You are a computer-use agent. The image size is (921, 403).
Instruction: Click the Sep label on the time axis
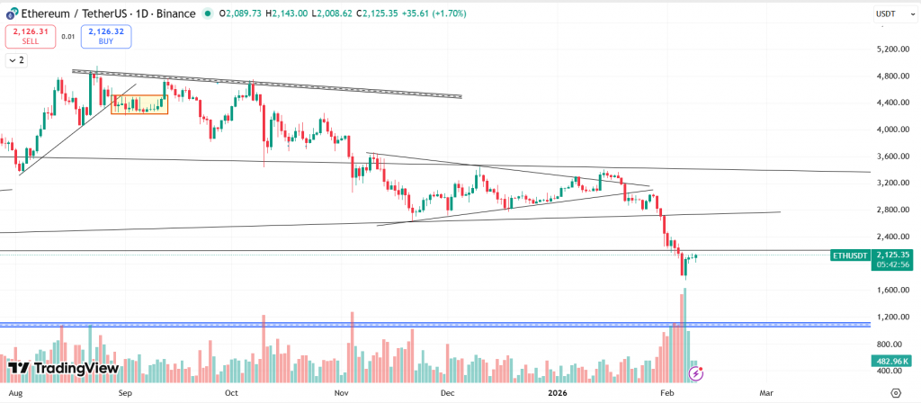tap(126, 393)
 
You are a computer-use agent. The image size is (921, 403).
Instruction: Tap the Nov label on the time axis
tap(341, 393)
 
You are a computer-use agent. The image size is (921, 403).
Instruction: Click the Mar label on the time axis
tap(766, 393)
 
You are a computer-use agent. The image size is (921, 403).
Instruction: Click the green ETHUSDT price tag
tap(850, 255)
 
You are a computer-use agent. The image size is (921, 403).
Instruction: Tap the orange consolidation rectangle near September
tap(139, 104)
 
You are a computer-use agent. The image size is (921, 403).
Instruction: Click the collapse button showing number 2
tap(16, 60)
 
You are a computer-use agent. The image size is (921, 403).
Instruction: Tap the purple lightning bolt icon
tap(695, 371)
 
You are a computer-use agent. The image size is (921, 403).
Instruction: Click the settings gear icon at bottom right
tap(896, 393)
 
